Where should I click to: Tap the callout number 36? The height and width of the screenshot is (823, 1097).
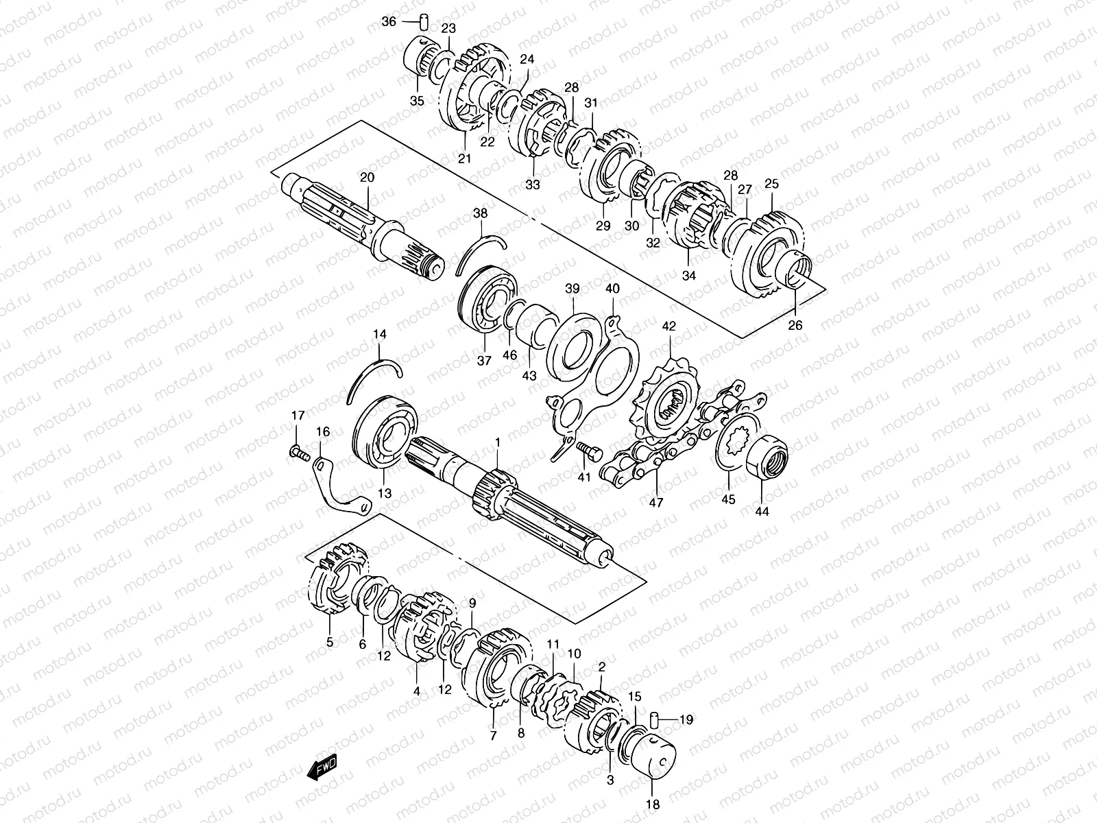pos(388,21)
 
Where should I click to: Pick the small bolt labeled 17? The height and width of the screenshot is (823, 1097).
pos(299,453)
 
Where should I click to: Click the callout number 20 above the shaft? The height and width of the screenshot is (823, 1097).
pos(367,178)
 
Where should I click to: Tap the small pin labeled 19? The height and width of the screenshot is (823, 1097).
pos(653,719)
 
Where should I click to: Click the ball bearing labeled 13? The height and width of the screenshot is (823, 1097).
pos(385,433)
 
